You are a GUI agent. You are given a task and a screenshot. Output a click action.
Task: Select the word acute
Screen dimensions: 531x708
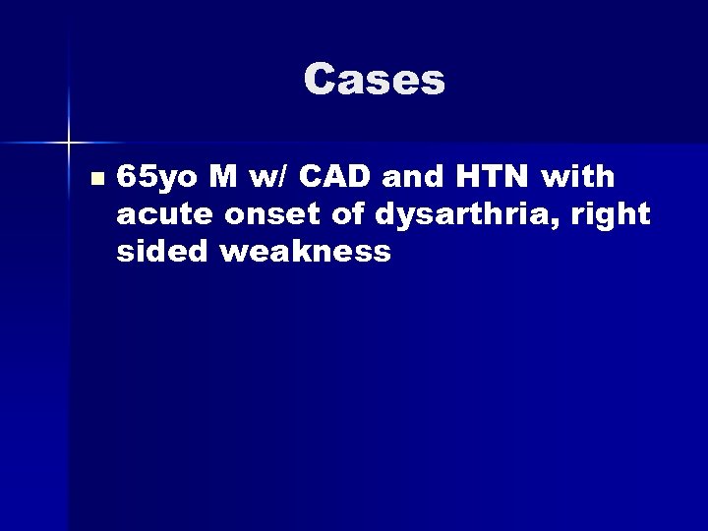[x=154, y=215]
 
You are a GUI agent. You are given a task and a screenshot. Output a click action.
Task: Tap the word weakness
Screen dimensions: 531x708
[x=307, y=251]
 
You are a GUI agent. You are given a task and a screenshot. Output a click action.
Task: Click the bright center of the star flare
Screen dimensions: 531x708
[x=71, y=144]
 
